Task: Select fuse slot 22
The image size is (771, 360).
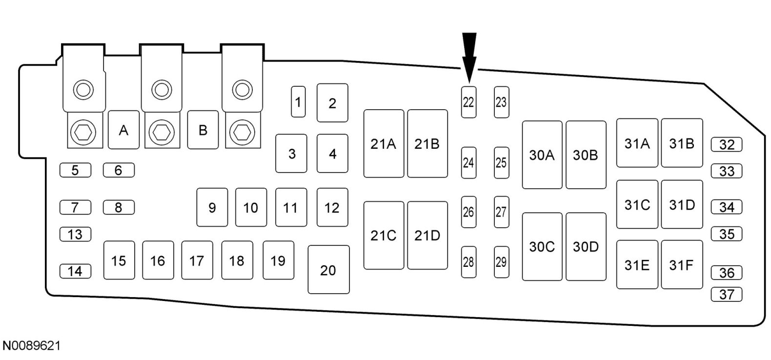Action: pyautogui.click(x=468, y=102)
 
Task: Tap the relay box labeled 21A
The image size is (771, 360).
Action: pyautogui.click(x=384, y=143)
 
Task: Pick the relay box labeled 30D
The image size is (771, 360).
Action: pyautogui.click(x=586, y=247)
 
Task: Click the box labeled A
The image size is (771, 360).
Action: pyautogui.click(x=123, y=130)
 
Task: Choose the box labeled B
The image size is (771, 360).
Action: pyautogui.click(x=203, y=130)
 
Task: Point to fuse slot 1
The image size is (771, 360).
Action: pyautogui.click(x=298, y=102)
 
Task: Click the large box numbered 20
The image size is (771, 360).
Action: pyautogui.click(x=328, y=270)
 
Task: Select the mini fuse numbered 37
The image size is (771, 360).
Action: pyautogui.click(x=727, y=294)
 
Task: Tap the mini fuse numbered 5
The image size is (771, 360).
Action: pyautogui.click(x=75, y=170)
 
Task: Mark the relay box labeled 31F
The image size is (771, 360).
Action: pyautogui.click(x=682, y=265)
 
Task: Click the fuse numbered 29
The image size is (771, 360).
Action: pyautogui.click(x=501, y=262)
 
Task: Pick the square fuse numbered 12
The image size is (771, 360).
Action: pyautogui.click(x=332, y=208)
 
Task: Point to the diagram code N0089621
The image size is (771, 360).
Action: pyautogui.click(x=32, y=346)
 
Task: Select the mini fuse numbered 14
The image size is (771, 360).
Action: pyautogui.click(x=75, y=271)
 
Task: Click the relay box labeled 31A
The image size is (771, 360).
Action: pyautogui.click(x=637, y=143)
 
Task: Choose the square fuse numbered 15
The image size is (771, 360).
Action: pyautogui.click(x=119, y=260)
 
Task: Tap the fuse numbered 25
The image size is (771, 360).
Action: pyautogui.click(x=501, y=162)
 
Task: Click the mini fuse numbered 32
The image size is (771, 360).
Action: pyautogui.click(x=727, y=145)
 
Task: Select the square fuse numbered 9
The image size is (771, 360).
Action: pyautogui.click(x=212, y=208)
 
